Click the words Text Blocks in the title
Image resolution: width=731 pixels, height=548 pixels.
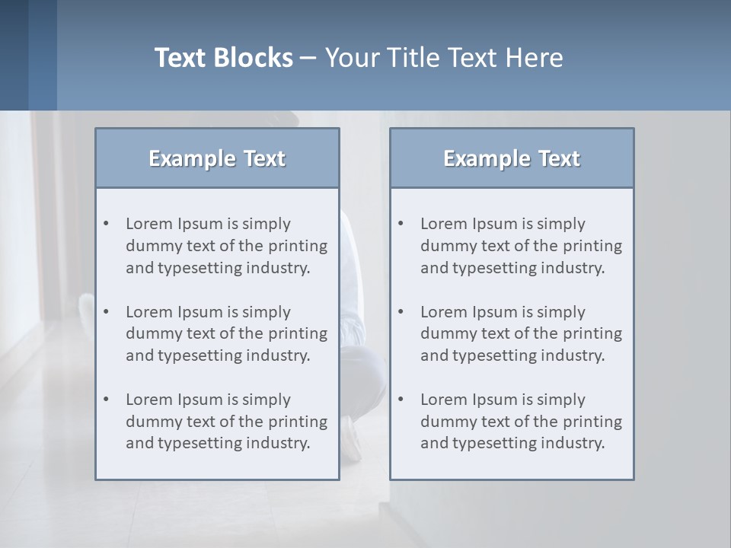coord(224,58)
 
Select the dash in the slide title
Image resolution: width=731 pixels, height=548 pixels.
coord(308,58)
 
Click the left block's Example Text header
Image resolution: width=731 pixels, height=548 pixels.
coord(217,158)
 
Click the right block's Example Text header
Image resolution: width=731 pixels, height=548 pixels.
coord(512,158)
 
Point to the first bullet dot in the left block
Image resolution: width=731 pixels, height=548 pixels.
coord(106,224)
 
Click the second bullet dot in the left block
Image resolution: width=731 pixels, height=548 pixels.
coord(106,312)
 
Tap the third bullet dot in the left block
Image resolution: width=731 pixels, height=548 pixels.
coord(106,400)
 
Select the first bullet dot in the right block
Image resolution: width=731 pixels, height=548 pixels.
coord(401,224)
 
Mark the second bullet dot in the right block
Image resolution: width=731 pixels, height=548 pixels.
coord(401,312)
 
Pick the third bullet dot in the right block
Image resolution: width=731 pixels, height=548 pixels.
coord(401,400)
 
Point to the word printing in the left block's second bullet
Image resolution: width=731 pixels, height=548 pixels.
coord(298,333)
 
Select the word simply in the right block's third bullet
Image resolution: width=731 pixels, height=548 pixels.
coord(561,400)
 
